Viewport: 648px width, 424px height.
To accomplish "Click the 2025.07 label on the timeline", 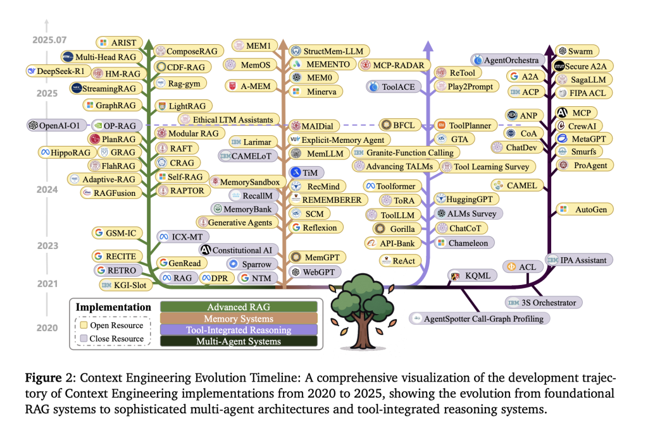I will pyautogui.click(x=48, y=40).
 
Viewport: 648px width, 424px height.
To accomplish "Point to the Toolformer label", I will pyautogui.click(x=390, y=186).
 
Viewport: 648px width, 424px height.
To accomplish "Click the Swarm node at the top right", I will pyautogui.click(x=578, y=51).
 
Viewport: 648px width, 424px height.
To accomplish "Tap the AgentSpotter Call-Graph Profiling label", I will pyautogui.click(x=478, y=318).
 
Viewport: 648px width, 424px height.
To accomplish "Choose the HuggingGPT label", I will pyautogui.click(x=467, y=199).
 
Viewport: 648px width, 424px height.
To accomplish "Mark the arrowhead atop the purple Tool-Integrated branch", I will pyautogui.click(x=428, y=44).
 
